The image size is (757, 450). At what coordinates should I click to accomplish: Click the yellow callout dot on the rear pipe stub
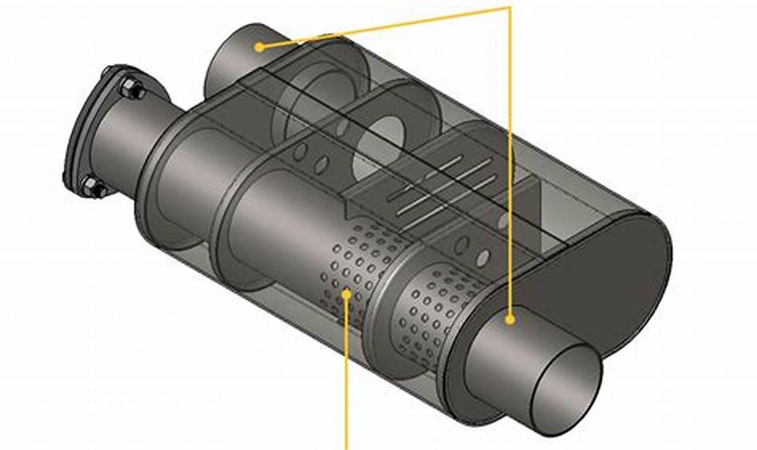[259, 47]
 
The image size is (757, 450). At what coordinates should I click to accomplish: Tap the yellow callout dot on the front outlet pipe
[509, 320]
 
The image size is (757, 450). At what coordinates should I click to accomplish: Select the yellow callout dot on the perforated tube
[347, 292]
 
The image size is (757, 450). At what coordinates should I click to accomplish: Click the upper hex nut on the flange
[131, 89]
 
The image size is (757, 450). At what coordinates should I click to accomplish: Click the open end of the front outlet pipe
[567, 388]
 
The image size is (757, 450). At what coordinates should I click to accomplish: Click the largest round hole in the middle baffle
[377, 148]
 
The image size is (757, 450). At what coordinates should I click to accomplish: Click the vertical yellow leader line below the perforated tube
[347, 379]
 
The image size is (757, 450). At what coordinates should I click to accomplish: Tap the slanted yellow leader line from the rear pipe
[385, 27]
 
